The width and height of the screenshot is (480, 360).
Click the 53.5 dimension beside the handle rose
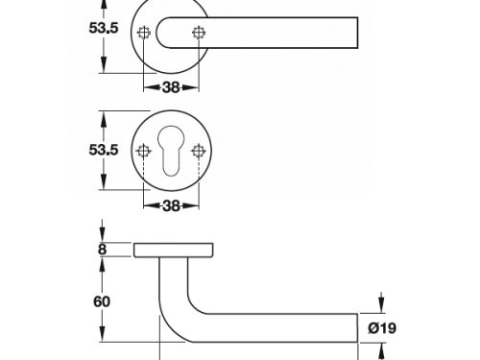tap(104, 28)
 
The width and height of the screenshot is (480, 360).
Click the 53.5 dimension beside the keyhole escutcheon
tap(104, 150)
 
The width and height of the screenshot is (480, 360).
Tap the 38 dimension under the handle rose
tap(171, 87)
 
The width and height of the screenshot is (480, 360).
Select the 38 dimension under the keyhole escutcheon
tap(171, 206)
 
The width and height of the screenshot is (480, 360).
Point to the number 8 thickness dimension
tap(102, 250)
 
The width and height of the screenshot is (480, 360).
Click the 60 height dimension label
tap(102, 301)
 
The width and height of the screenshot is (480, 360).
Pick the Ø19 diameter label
tap(382, 328)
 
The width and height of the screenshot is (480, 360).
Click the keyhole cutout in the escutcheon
tap(171, 151)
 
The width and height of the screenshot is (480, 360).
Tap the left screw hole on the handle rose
tap(144, 33)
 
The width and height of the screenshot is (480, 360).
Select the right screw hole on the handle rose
tap(199, 33)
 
